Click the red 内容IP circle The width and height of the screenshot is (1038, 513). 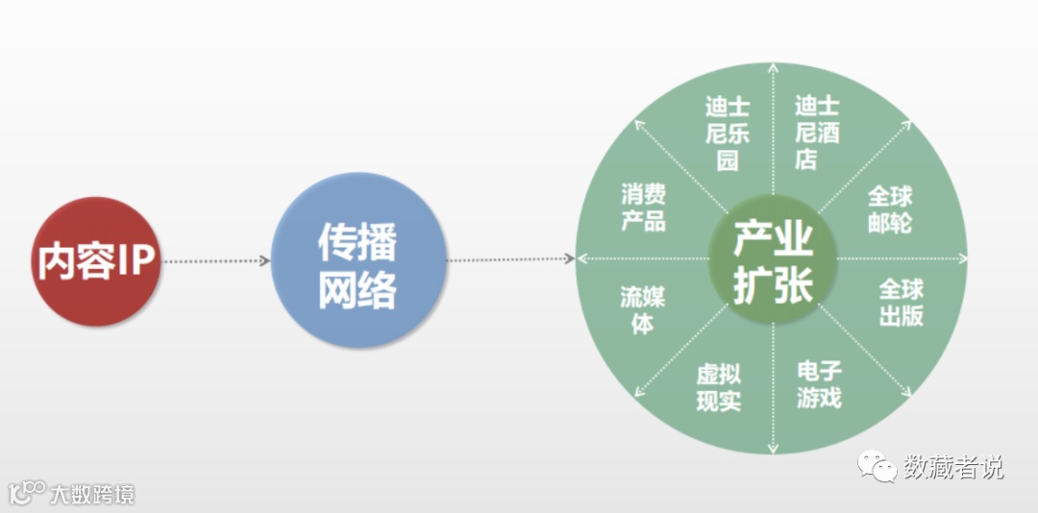[95, 260]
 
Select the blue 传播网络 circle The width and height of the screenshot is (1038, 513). [358, 260]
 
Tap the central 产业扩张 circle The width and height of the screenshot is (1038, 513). [773, 260]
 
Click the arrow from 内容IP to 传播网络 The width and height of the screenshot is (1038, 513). [216, 260]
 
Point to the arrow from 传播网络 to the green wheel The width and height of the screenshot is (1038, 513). [509, 259]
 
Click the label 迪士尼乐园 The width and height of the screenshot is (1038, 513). [728, 133]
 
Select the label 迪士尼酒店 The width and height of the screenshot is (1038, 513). [817, 133]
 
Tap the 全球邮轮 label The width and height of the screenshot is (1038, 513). [890, 210]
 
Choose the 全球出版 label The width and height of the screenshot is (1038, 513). [902, 303]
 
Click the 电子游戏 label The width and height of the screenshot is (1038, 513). [819, 383]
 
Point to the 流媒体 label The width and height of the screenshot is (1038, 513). [642, 309]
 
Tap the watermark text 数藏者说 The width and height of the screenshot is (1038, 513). [953, 468]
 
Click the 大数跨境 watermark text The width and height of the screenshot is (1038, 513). [93, 495]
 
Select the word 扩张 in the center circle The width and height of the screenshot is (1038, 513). [773, 285]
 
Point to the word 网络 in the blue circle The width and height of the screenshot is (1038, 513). [358, 289]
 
